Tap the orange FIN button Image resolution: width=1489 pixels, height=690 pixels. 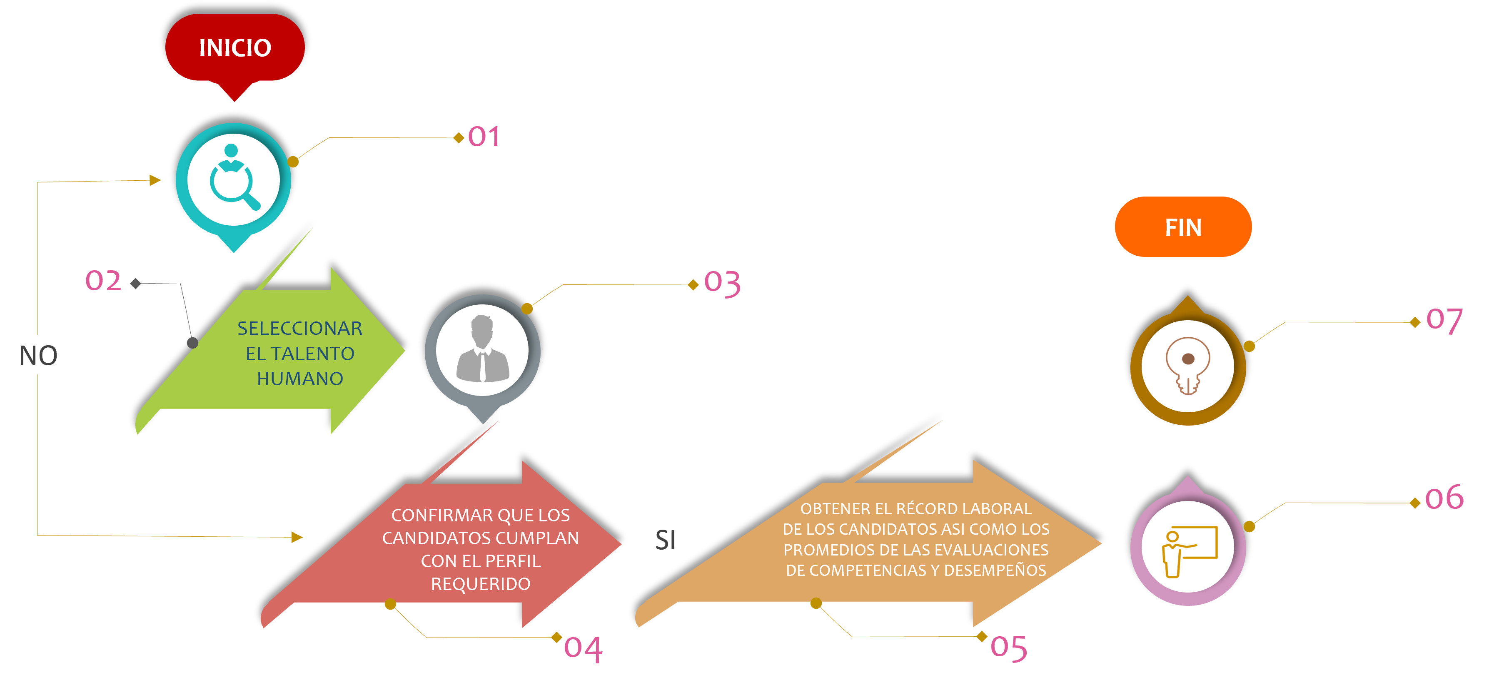point(1182,227)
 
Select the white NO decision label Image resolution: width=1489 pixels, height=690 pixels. point(38,355)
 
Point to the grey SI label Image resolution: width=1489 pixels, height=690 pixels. point(665,540)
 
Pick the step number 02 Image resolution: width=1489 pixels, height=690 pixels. point(103,281)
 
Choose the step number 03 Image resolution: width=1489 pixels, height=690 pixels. point(722,283)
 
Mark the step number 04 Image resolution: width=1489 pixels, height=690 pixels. point(583,648)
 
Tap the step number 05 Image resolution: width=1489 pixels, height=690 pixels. point(1009,647)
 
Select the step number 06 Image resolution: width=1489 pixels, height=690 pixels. point(1444,498)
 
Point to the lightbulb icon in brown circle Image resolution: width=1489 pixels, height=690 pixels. point(1187,366)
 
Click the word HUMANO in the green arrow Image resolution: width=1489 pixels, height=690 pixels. point(300,379)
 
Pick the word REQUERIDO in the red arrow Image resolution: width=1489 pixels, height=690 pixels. point(480,584)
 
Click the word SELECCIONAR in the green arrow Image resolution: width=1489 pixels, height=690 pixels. point(299,328)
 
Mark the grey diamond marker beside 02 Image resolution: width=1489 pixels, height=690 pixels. point(136,283)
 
